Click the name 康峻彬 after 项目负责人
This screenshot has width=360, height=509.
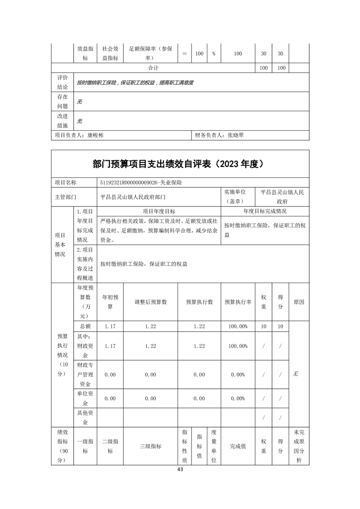[x=95, y=135]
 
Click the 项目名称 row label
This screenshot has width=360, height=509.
[x=65, y=182]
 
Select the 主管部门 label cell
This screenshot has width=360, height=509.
[x=65, y=197]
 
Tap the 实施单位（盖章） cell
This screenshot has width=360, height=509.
[x=237, y=197]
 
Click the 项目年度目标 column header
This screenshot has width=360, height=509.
[x=159, y=211]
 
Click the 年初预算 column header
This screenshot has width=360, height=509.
[x=110, y=302]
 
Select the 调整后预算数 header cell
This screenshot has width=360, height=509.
[x=150, y=302]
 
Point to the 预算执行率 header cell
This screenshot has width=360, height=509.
[x=238, y=302]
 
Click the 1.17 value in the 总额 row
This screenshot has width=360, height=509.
[x=110, y=326]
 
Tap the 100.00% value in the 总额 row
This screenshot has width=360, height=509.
[x=238, y=326]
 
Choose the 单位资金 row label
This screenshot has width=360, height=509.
[x=85, y=398]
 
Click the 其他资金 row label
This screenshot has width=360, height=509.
[x=85, y=417]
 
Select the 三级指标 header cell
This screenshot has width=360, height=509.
[x=150, y=446]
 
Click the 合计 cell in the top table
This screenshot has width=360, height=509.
[x=153, y=68]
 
